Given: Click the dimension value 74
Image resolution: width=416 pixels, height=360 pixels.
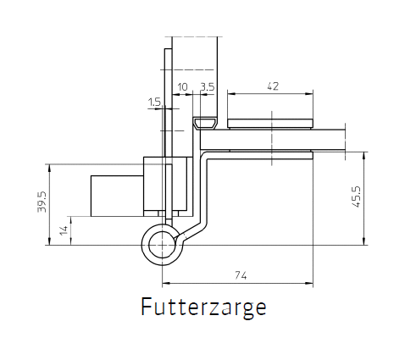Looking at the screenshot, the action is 241,275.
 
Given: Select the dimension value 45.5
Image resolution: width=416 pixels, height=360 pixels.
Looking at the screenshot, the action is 357,197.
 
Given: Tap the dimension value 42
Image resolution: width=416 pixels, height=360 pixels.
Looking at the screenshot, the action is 273,86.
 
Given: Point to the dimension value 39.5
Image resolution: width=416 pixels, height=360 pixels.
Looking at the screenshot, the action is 42,202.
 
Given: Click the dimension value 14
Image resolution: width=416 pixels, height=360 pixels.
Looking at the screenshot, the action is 64,230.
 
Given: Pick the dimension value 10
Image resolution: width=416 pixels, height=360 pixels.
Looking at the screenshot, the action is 182,87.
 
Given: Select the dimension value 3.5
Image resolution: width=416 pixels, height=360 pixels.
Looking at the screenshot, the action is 208,86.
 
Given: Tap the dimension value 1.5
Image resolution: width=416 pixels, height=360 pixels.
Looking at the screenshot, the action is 154,102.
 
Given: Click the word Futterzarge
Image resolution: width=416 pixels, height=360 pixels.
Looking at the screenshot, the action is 203,307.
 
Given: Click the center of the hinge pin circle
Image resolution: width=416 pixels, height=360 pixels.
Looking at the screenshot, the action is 162,245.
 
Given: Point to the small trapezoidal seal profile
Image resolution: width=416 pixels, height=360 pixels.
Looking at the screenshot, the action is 205,123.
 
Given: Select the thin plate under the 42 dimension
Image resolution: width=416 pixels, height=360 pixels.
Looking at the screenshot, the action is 270,124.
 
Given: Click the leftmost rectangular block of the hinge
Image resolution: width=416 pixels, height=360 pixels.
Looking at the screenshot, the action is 117,196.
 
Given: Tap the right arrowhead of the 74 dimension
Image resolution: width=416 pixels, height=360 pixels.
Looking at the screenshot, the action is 310,283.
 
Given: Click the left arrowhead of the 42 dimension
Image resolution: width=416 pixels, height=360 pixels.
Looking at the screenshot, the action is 230,94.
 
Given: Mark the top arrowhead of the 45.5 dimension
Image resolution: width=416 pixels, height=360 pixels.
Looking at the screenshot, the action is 364,155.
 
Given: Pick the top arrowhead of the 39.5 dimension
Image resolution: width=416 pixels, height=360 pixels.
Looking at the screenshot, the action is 50,168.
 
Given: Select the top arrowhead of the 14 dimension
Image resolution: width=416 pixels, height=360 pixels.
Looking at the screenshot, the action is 70,220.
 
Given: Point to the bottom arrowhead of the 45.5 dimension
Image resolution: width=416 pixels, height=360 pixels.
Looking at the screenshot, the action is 364,241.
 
